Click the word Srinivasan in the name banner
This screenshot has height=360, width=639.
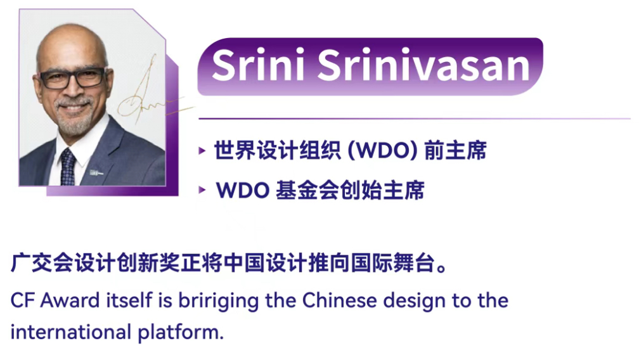pos(423,65)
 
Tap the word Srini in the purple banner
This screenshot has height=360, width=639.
pos(258,65)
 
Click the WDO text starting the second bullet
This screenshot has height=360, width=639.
pos(242,190)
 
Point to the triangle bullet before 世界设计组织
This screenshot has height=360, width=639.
pos(202,151)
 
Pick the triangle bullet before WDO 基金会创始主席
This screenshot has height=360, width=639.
pos(202,190)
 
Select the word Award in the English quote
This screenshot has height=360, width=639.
pos(70,301)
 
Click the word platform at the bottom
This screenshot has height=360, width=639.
pos(181,333)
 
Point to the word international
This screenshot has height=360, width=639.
pos(70,332)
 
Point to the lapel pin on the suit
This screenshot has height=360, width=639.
pos(96,173)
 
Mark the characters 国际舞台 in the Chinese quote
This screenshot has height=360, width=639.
pos(393,262)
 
